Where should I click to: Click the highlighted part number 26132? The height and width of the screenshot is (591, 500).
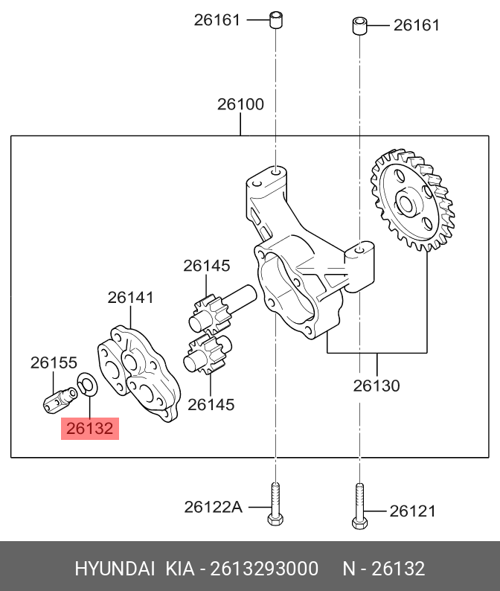point(89,429)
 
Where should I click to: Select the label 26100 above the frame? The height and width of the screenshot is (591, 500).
point(240,105)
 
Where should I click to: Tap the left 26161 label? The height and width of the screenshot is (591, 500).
point(217,20)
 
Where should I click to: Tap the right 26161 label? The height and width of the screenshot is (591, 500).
point(417,25)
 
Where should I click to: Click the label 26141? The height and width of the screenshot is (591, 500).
point(130,298)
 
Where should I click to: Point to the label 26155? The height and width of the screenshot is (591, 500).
point(54,362)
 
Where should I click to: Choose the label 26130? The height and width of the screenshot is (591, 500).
point(376,386)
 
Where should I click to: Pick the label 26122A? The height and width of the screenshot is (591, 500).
point(213,507)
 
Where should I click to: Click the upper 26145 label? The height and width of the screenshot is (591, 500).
point(207,266)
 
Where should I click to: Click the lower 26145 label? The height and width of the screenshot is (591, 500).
point(211,404)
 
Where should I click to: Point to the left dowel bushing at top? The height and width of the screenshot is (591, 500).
point(275,19)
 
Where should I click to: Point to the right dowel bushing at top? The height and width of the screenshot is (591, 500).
point(359,27)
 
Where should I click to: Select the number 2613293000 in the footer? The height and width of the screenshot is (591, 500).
point(264,569)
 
